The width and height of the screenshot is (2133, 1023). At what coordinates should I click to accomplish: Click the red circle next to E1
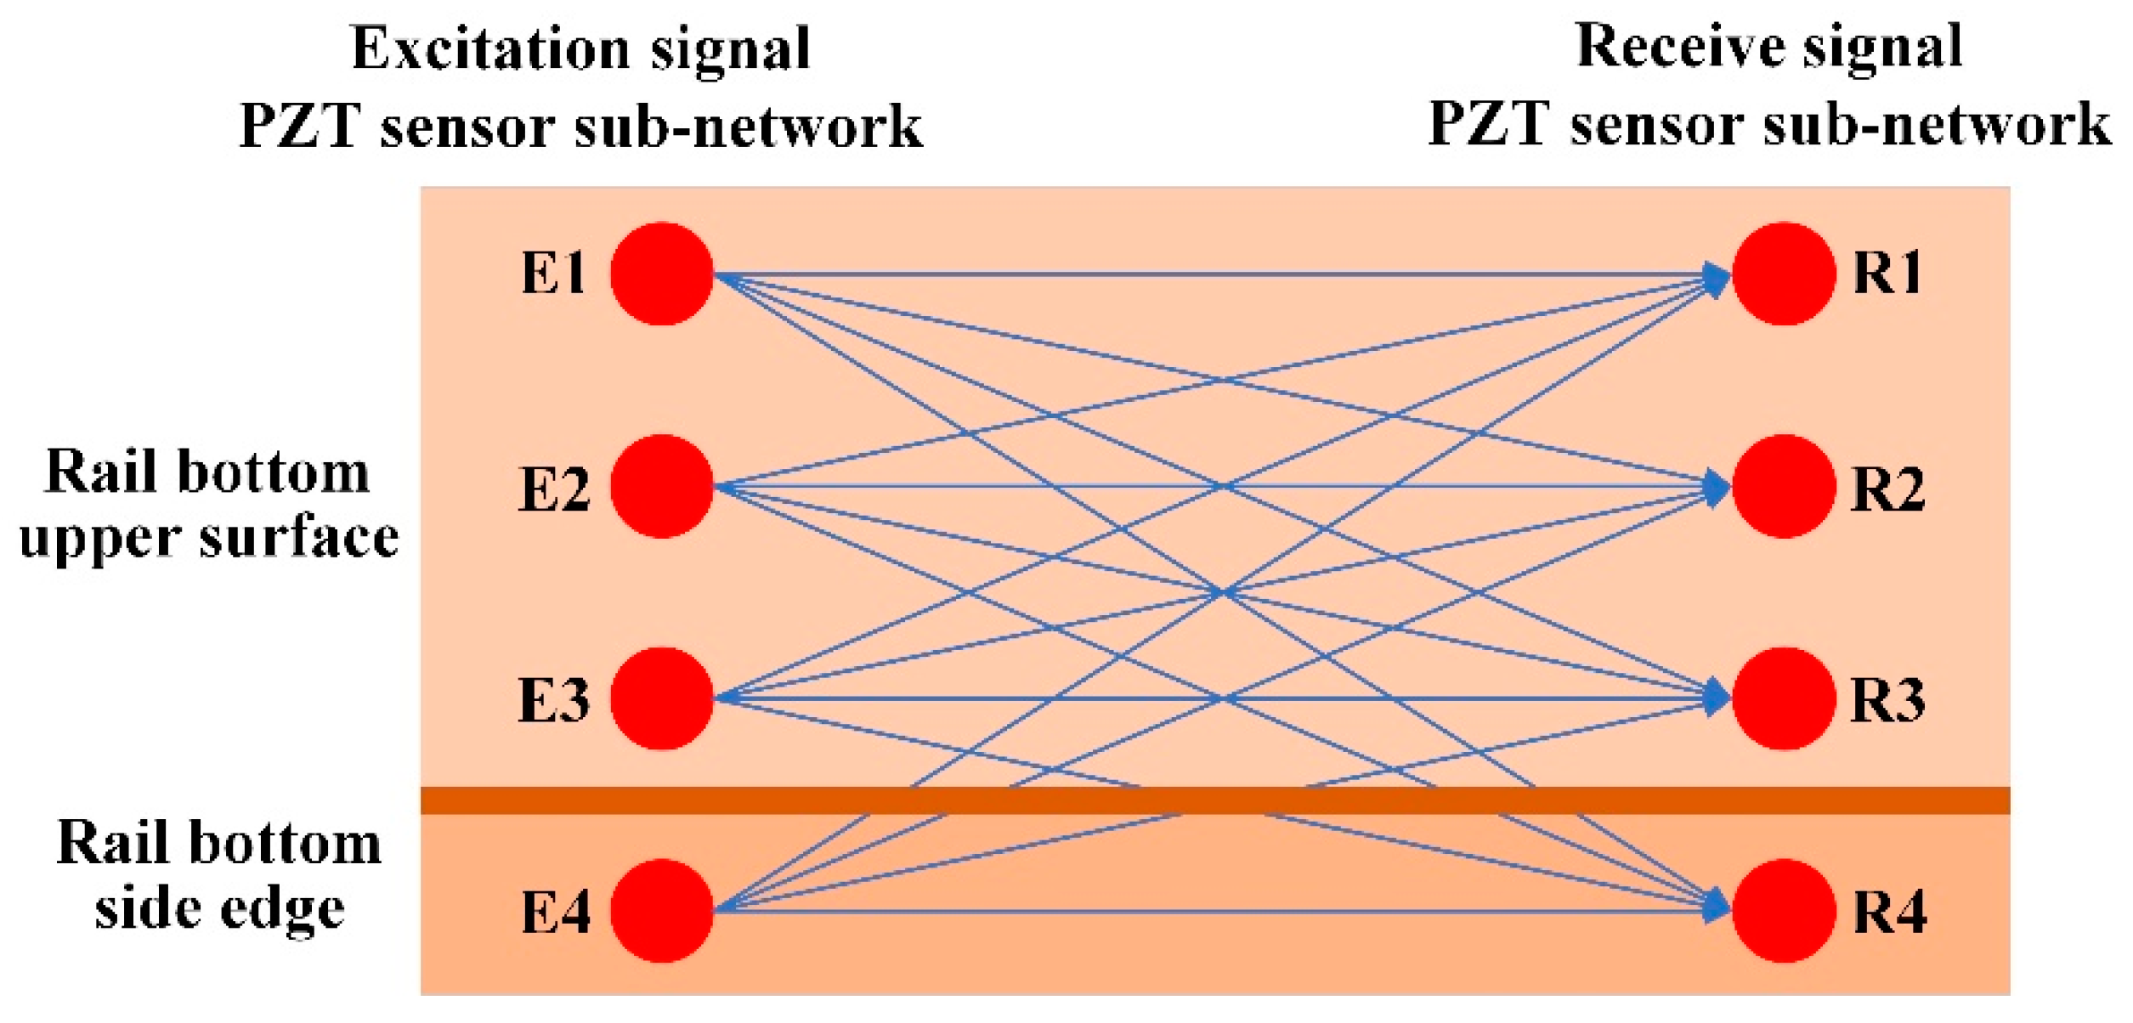[x=661, y=274]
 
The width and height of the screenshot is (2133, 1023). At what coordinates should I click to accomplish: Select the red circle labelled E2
[x=661, y=486]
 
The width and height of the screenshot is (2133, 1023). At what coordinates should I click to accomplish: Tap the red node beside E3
[x=661, y=698]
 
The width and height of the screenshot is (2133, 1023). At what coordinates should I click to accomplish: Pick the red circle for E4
[x=661, y=911]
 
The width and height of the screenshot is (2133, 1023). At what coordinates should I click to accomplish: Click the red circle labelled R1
[x=1783, y=274]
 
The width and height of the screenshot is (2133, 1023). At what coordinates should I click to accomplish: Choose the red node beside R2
[x=1783, y=486]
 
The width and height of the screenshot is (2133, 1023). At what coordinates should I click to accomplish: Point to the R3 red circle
[x=1783, y=698]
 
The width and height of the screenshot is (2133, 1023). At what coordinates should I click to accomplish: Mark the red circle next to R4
[x=1783, y=911]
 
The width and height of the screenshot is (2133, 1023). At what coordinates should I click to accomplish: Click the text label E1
[x=553, y=274]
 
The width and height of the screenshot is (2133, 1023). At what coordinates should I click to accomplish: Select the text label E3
[x=553, y=701]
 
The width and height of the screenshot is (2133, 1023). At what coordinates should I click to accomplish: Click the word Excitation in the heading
[x=490, y=48]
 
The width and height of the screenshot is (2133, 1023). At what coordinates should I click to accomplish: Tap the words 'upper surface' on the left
[x=209, y=538]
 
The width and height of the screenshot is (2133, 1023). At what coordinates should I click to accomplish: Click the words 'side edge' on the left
[x=219, y=908]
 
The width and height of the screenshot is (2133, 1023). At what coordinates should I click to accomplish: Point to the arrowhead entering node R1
[x=1717, y=279]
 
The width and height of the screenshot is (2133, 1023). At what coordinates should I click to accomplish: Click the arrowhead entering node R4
[x=1717, y=907]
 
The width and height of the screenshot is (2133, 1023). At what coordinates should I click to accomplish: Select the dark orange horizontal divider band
[x=1215, y=800]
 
